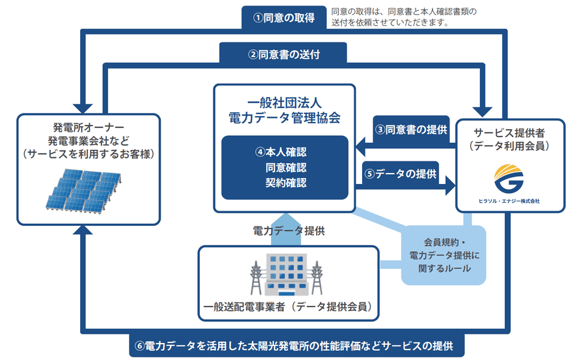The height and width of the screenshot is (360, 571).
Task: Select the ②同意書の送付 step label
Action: pyautogui.click(x=284, y=54)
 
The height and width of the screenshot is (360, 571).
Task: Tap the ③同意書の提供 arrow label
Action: pyautogui.click(x=411, y=129)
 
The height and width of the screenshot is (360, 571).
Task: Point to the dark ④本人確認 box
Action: pyautogui.click(x=284, y=167)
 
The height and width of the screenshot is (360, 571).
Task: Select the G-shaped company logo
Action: pyautogui.click(x=508, y=178)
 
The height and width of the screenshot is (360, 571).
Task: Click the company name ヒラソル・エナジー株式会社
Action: pyautogui.click(x=508, y=200)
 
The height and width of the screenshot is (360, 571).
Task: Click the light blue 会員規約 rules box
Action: pyautogui.click(x=444, y=256)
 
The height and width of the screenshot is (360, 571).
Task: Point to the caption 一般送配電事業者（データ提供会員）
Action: pyautogui.click(x=289, y=307)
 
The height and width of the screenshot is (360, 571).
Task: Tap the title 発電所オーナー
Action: pyautogui.click(x=89, y=127)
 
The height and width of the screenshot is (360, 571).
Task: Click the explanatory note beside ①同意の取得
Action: pyautogui.click(x=405, y=18)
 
